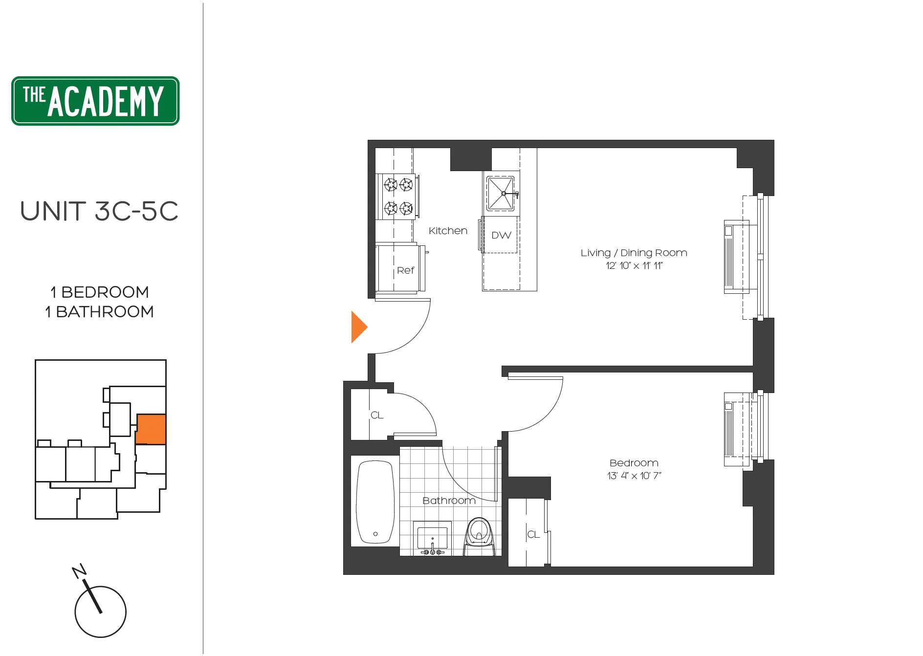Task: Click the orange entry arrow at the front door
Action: pos(358,327)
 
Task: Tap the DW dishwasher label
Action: pos(501,236)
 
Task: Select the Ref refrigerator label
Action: pos(405,270)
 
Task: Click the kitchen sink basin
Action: pos(500,194)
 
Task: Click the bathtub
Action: pos(375,502)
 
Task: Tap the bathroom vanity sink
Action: pos(432,537)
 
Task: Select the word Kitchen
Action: pos(448,231)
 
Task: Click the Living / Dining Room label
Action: pos(634,253)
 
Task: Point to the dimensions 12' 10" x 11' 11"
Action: pos(634,266)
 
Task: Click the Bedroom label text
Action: pos(634,463)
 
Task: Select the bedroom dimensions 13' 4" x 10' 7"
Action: pos(634,476)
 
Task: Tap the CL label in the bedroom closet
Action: pos(533,535)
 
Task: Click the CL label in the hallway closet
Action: pos(377,415)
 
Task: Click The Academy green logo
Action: pos(95,101)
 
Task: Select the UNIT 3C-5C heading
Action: pos(99,211)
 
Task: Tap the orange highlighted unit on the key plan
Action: pos(151,429)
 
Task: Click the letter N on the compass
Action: pos(79,570)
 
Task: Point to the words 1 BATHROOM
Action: pos(99,312)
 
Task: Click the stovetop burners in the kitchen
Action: pos(398,197)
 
